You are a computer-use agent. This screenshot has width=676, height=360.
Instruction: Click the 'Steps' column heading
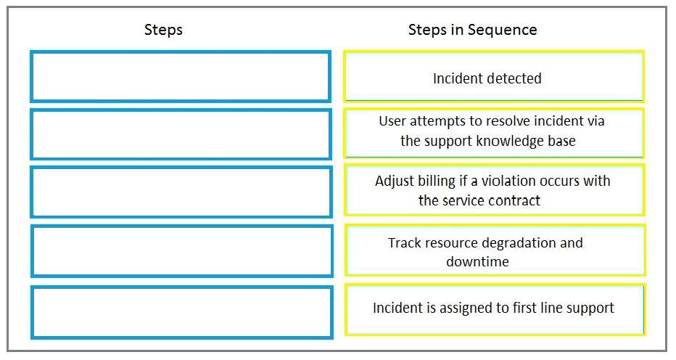coord(163,30)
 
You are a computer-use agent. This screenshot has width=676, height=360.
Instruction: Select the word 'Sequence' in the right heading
coord(502,30)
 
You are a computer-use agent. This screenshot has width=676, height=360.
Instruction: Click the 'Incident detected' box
coord(494,76)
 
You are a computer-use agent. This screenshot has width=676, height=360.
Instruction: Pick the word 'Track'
coord(404,242)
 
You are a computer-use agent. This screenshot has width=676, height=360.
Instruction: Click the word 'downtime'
coord(478,261)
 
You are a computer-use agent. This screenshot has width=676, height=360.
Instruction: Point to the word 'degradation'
coord(522,243)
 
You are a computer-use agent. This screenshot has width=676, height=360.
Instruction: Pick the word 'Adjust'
coord(393,181)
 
